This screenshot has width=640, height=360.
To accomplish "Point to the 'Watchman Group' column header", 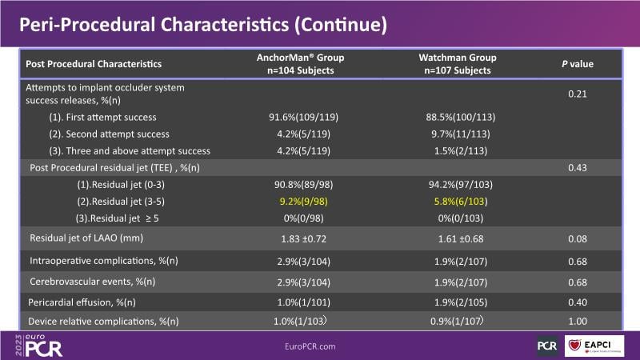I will click(x=458, y=58).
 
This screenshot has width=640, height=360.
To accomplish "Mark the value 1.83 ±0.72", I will click(x=294, y=239).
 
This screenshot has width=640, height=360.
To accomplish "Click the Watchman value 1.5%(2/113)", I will click(x=458, y=150).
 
